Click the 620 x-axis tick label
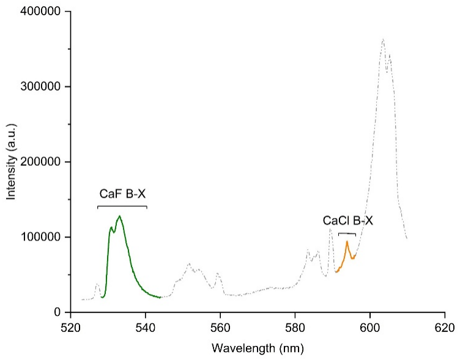point(444,328)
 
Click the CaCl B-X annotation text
point(347,220)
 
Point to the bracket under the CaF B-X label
point(122,206)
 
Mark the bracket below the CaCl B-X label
point(347,233)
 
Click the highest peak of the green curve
point(119,216)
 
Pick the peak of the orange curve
point(347,241)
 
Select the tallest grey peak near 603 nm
point(383,40)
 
